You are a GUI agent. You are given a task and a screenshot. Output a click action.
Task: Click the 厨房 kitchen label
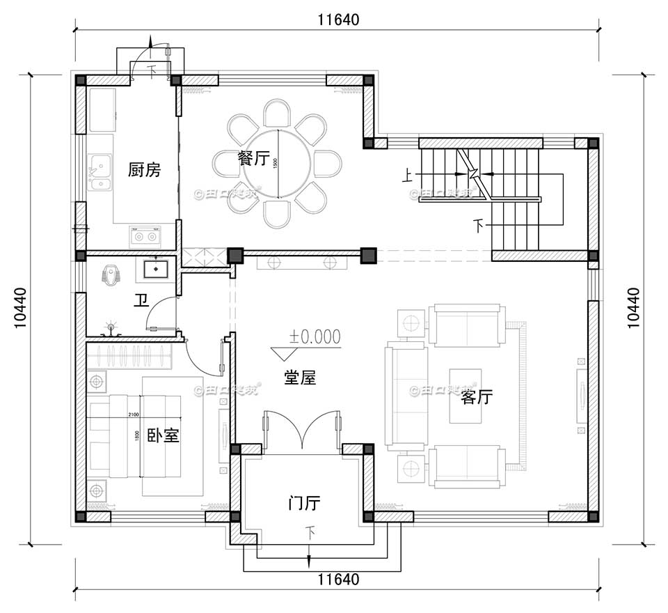(145, 169)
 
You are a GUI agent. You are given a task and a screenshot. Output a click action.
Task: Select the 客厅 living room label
(477, 398)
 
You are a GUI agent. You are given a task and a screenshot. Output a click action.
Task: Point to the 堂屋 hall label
(300, 378)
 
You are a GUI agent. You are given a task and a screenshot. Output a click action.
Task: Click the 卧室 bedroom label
(164, 436)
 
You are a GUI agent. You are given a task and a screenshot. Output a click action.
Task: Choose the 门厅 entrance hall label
(304, 503)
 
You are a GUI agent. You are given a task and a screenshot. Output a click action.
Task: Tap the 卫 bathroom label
(141, 300)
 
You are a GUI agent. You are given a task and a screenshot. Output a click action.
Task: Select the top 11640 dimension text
(338, 20)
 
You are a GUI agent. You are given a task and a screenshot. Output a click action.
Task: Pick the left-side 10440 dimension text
(20, 307)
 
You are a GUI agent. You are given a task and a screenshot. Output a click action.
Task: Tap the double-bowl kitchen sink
(100, 175)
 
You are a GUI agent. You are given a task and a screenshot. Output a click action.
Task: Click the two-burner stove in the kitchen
(144, 237)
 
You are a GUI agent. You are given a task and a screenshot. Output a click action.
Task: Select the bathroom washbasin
(155, 267)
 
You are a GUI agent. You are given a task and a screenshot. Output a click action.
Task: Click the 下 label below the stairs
(478, 226)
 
